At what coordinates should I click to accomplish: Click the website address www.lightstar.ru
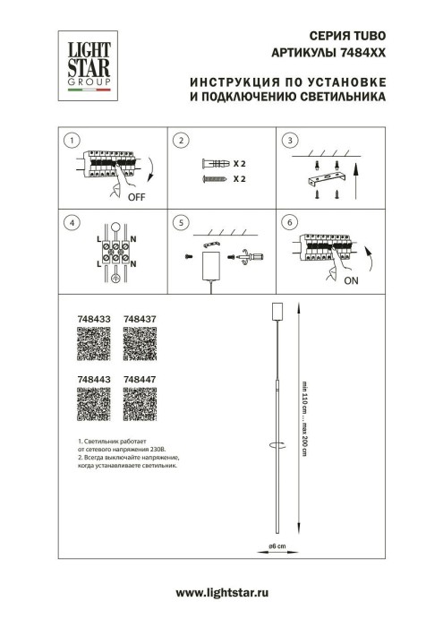point(221,594)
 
